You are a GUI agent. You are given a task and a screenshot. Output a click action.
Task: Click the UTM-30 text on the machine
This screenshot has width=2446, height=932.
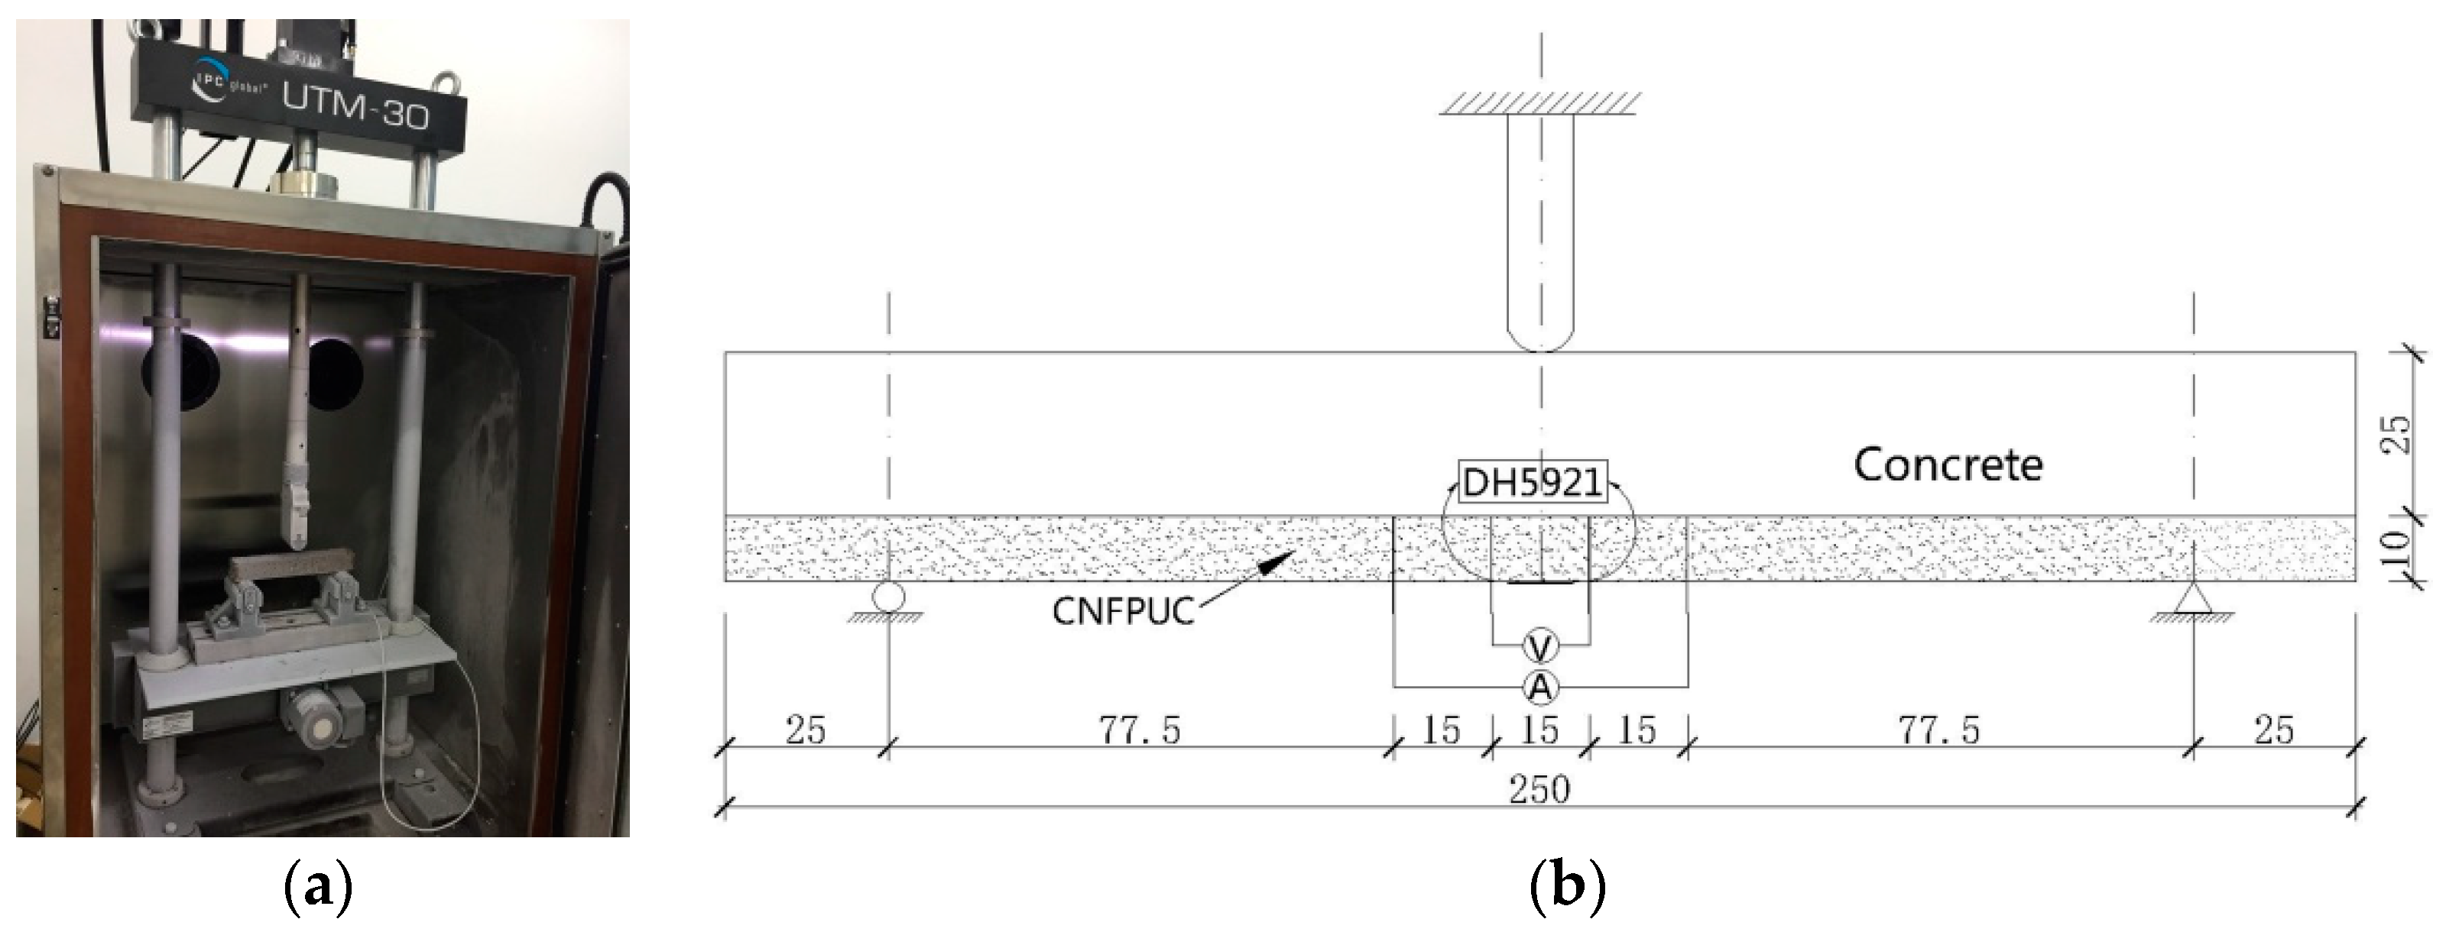click(355, 112)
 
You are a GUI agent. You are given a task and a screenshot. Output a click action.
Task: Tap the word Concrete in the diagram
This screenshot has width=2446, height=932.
click(1948, 465)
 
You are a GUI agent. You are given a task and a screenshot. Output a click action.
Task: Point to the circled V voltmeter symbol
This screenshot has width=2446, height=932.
click(1540, 646)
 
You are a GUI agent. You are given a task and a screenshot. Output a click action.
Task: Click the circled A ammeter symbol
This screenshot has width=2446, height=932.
click(1540, 686)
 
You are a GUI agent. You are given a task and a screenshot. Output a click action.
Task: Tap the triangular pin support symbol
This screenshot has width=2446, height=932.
click(2194, 598)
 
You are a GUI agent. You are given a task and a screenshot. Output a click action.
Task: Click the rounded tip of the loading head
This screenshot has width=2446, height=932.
click(1540, 337)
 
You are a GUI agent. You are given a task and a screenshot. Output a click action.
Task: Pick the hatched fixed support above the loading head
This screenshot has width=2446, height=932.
click(1540, 102)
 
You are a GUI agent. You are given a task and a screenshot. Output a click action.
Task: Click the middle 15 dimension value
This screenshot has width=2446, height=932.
click(1539, 730)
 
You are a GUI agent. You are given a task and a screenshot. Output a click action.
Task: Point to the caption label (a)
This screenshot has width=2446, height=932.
click(318, 889)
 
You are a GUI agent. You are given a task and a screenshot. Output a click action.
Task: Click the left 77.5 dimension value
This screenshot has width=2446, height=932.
click(1140, 730)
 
